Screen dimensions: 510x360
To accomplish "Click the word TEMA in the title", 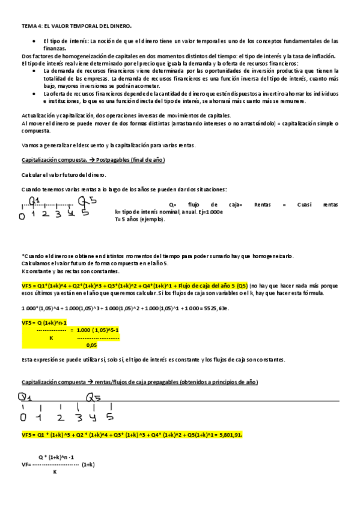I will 28,26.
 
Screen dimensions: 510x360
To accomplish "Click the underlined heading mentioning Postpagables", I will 93,159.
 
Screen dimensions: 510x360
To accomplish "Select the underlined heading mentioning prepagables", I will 139,382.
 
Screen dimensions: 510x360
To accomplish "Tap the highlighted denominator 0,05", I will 91,345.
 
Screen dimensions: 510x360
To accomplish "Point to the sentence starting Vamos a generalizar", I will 108,146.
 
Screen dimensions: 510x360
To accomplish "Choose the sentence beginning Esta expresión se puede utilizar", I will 153,360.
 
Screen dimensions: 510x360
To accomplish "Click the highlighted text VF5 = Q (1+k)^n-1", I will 47,322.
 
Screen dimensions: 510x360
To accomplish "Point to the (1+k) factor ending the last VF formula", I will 88,465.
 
